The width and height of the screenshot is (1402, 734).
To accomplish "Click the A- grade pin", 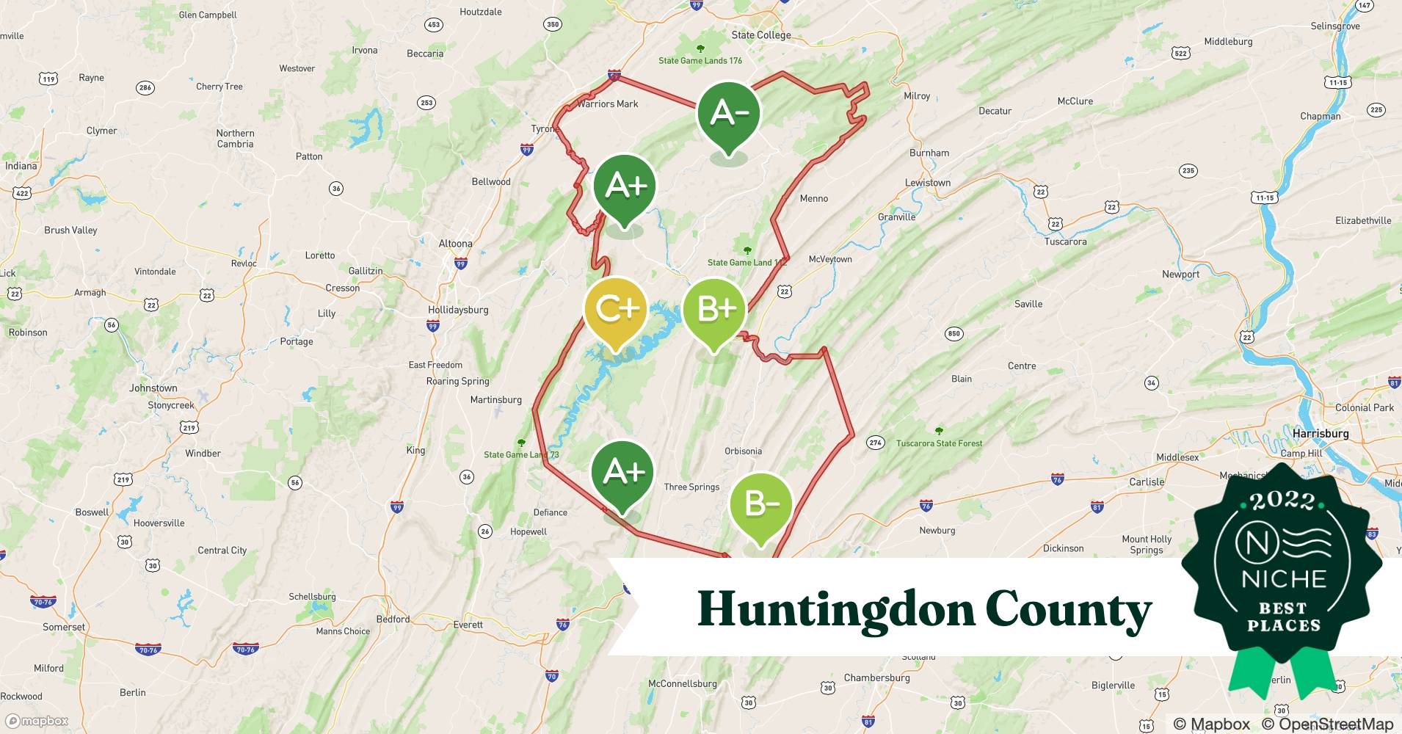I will pyautogui.click(x=728, y=114).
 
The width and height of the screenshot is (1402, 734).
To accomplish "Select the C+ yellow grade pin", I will pyautogui.click(x=617, y=310).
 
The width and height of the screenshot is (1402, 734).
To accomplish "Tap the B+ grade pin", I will pyautogui.click(x=714, y=310).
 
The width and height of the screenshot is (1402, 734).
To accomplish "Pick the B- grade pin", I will pyautogui.click(x=760, y=504).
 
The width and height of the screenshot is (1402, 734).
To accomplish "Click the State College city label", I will pyautogui.click(x=761, y=34).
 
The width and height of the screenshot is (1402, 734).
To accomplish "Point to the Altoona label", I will pyautogui.click(x=455, y=244).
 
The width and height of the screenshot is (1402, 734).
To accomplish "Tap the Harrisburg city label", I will pyautogui.click(x=1321, y=433).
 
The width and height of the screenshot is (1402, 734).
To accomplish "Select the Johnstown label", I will pyautogui.click(x=153, y=388).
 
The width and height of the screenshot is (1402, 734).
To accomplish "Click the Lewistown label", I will pyautogui.click(x=927, y=183).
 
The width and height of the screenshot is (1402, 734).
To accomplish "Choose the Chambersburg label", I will pyautogui.click(x=876, y=677).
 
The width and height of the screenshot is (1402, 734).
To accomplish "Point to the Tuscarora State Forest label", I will pyautogui.click(x=939, y=443).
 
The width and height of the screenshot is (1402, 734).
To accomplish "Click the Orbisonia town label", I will pyautogui.click(x=743, y=451).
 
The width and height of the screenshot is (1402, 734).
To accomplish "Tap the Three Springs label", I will pyautogui.click(x=691, y=487).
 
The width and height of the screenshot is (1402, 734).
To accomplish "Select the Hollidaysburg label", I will pyautogui.click(x=458, y=310).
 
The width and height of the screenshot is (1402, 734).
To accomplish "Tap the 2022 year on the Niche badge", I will pyautogui.click(x=1283, y=501).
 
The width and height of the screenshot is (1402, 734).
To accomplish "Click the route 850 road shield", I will pyautogui.click(x=954, y=333).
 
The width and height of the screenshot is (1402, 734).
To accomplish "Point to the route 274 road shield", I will pyautogui.click(x=875, y=442).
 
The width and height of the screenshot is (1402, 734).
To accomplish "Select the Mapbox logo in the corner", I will pyautogui.click(x=37, y=721).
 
